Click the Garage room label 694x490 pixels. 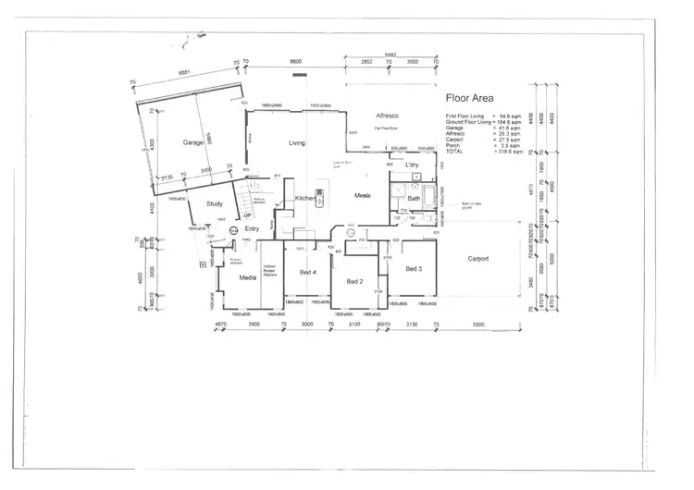193,143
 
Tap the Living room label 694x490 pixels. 297,143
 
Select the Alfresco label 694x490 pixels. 387,115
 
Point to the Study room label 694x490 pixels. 215,203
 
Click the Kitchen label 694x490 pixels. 306,199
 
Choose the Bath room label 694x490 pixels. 414,199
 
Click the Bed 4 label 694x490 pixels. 308,273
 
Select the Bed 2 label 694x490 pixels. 354,281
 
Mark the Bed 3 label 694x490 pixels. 414,269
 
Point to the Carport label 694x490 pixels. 478,259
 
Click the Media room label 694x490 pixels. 247,277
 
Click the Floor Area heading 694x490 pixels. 469,97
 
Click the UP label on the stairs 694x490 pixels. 246,214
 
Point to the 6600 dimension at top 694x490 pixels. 296,61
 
